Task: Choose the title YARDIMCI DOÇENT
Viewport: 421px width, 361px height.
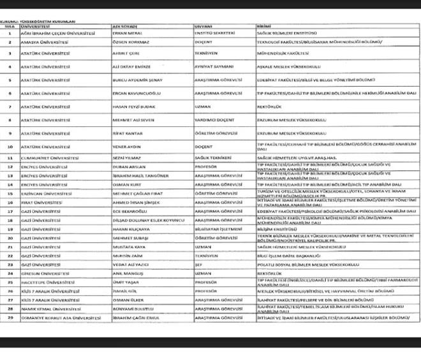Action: point(212,120)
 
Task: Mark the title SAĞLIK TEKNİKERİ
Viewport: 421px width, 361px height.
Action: point(212,157)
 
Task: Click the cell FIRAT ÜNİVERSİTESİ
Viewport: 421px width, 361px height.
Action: point(41,202)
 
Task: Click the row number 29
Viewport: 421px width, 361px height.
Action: point(10,318)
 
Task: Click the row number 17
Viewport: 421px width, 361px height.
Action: point(10,211)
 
